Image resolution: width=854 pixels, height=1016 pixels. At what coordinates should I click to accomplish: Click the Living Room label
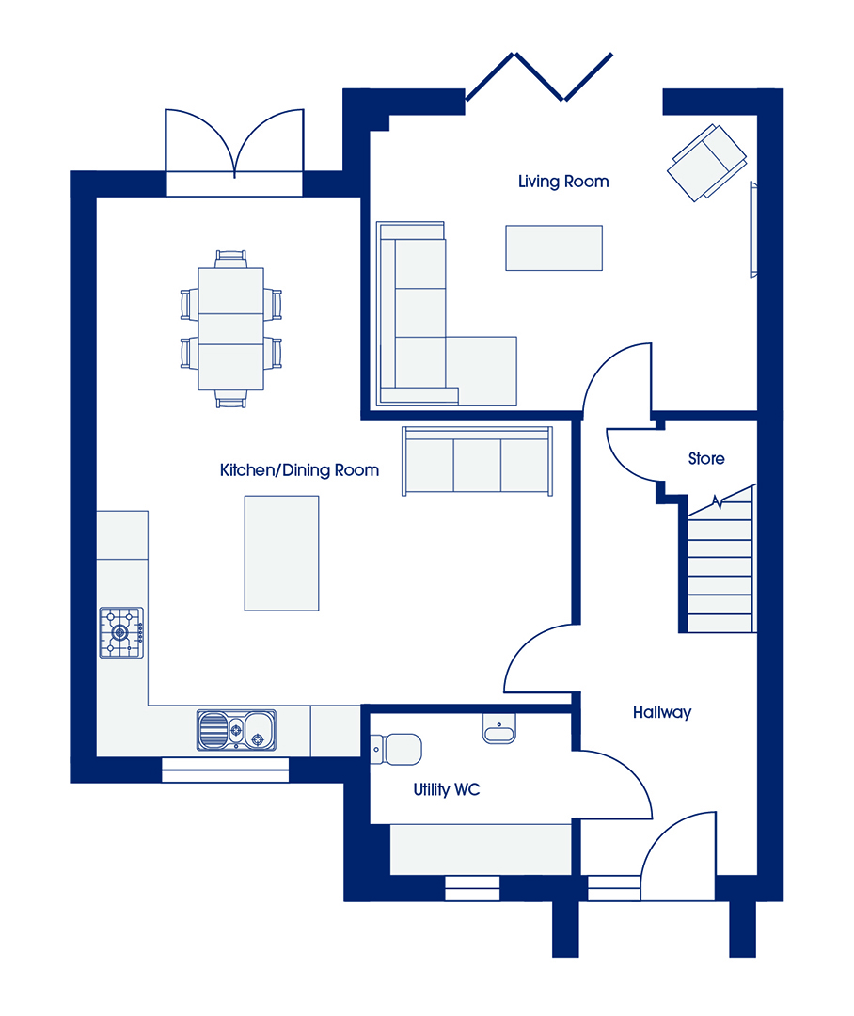[x=563, y=182]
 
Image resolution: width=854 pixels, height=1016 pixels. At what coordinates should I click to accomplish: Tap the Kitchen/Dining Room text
[x=299, y=469]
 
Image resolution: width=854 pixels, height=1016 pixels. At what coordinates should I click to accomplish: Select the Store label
[x=706, y=459]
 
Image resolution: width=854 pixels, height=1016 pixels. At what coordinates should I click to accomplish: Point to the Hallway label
[x=661, y=712]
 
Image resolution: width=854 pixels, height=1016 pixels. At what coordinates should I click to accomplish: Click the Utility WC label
[x=447, y=789]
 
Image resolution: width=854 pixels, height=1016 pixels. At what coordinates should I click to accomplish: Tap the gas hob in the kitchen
[x=121, y=632]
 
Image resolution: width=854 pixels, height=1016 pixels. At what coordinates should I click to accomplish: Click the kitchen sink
[x=236, y=730]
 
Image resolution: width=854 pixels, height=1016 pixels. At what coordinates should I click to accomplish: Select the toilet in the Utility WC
[x=396, y=749]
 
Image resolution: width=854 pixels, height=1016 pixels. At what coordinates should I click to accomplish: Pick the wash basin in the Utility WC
[x=498, y=729]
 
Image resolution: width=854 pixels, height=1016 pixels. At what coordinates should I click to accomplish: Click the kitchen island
[x=281, y=553]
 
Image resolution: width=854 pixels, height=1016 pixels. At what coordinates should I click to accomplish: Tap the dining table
[x=230, y=328]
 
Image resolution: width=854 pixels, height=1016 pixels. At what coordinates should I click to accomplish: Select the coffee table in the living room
[x=554, y=247]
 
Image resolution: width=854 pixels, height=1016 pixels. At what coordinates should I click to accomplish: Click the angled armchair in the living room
[x=707, y=163]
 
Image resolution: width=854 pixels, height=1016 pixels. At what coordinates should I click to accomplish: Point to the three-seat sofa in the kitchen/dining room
[x=477, y=461]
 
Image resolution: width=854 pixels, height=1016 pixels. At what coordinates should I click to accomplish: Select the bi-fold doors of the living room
[x=539, y=76]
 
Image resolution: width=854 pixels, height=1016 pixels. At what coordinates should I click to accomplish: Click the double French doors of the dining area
[x=234, y=143]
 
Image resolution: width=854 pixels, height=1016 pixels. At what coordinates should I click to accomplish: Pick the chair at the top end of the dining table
[x=230, y=259]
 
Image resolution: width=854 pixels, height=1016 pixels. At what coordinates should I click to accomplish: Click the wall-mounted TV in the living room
[x=753, y=230]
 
